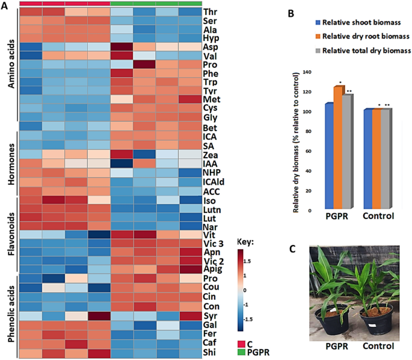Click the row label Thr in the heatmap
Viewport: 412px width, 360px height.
coord(210,12)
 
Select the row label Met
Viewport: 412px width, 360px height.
coord(212,99)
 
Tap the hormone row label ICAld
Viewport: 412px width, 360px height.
coord(214,182)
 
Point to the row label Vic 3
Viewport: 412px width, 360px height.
coord(214,244)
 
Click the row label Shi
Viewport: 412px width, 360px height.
coord(210,352)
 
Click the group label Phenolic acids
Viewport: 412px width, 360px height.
coord(11,314)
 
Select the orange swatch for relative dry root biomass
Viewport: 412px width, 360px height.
coord(318,36)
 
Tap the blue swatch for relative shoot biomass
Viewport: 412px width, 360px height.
coord(318,23)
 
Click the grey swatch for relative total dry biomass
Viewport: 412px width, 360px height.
coord(318,51)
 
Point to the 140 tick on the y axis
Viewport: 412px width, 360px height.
coord(307,72)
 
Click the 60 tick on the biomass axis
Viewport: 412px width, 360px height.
coord(309,151)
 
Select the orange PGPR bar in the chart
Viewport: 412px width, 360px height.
coord(338,147)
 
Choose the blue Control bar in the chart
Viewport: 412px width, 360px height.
coord(368,159)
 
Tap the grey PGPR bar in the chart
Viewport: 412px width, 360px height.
coord(347,152)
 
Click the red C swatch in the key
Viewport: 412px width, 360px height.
coord(241,344)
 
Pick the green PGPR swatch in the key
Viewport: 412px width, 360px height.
coord(241,352)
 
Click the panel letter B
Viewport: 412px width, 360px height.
coord(291,14)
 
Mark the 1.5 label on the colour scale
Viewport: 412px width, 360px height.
coord(247,261)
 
